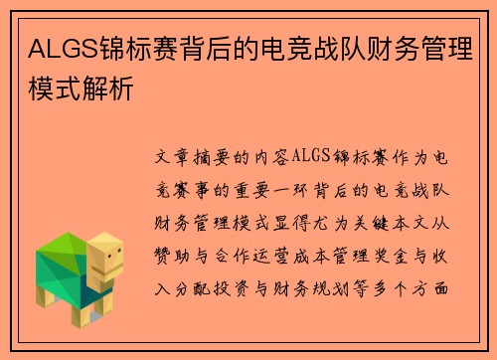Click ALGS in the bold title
coord(55,47)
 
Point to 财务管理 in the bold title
coord(422,47)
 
